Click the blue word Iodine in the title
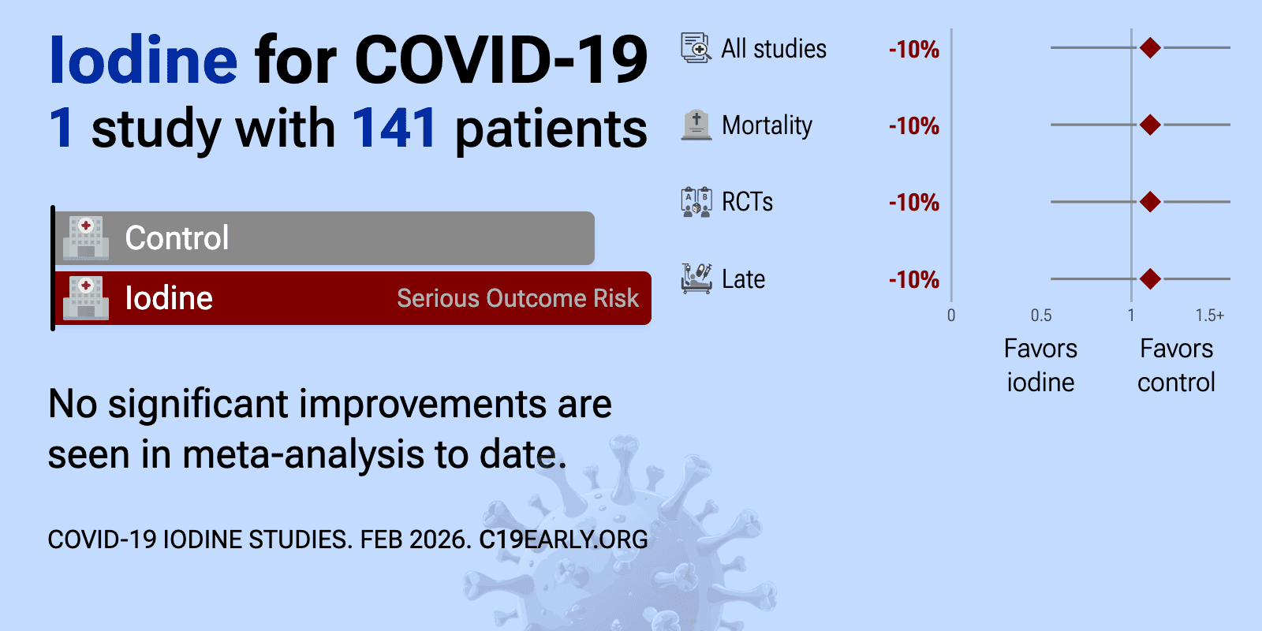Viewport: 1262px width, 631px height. coord(143,60)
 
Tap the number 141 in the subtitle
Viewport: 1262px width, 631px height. coord(394,129)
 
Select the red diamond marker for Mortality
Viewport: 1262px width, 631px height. coord(1150,125)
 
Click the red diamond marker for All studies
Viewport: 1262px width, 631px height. coord(1150,48)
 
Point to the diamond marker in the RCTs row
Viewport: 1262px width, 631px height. coord(1150,202)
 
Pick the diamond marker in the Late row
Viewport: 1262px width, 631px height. coord(1150,278)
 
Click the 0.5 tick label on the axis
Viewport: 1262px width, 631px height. coord(1040,315)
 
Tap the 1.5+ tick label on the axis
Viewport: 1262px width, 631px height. coord(1210,315)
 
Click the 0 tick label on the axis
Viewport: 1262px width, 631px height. coord(951,315)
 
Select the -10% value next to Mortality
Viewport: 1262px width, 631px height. coord(914,126)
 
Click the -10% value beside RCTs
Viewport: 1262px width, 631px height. coord(914,203)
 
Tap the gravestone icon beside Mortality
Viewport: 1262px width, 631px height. coord(696,125)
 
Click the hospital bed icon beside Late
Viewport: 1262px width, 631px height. coord(696,278)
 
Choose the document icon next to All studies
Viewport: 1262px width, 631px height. coord(696,48)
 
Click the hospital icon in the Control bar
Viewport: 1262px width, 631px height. coord(86,237)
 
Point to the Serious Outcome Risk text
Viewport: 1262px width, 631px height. coord(517,298)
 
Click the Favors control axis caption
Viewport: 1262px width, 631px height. coord(1176,365)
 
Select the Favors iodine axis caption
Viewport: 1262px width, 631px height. coord(1040,365)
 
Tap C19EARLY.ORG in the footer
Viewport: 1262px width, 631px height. coord(563,540)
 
